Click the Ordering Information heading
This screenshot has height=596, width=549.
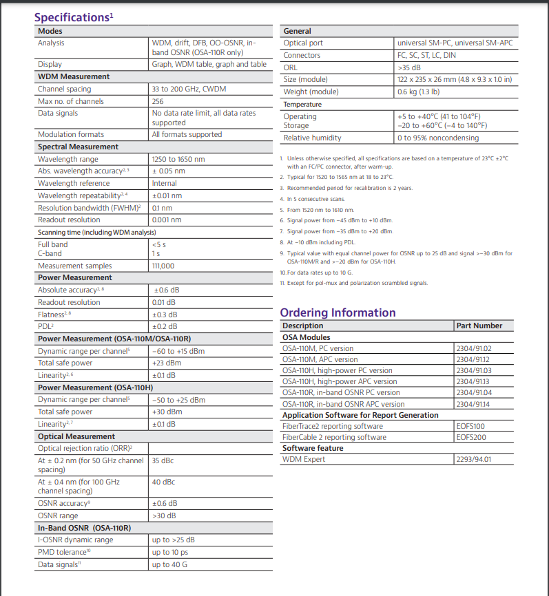pyautogui.click(x=338, y=312)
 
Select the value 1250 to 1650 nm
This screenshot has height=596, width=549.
pyautogui.click(x=178, y=159)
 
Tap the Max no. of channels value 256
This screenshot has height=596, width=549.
pyautogui.click(x=158, y=101)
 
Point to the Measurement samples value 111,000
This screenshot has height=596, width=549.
pyautogui.click(x=163, y=266)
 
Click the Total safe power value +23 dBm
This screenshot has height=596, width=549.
pyautogui.click(x=167, y=363)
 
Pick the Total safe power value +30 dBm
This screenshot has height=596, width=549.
pyautogui.click(x=167, y=412)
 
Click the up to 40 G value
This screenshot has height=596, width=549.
pyautogui.click(x=169, y=564)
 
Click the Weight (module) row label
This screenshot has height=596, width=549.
pyautogui.click(x=311, y=92)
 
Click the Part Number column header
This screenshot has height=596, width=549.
pyautogui.click(x=479, y=326)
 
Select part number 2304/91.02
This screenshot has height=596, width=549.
pyautogui.click(x=474, y=348)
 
